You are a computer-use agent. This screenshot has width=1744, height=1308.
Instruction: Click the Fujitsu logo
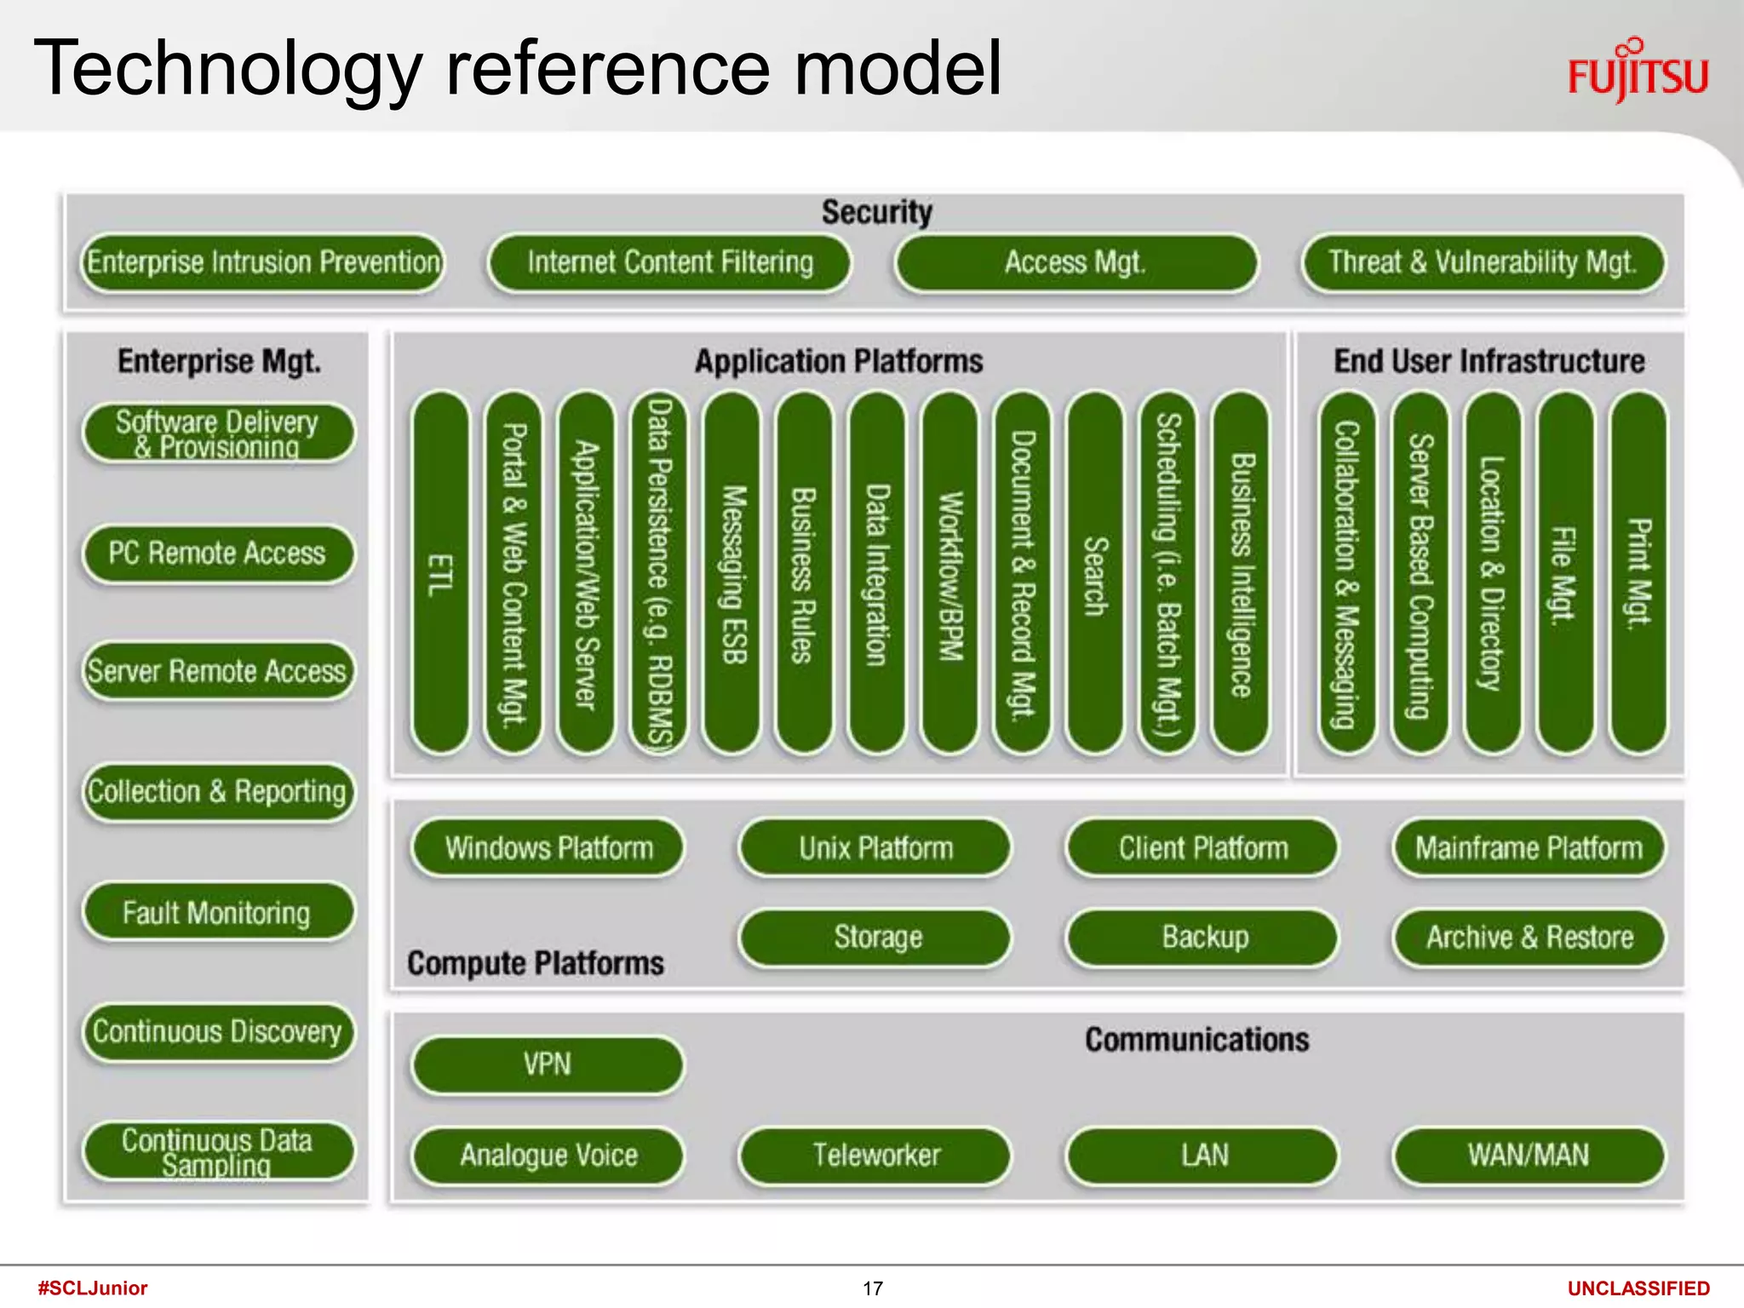1638,72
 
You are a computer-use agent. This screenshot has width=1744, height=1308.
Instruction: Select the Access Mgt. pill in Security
1076,262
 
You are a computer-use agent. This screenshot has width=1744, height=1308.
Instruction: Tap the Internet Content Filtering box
669,262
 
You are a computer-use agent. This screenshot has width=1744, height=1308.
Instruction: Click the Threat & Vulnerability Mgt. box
1483,262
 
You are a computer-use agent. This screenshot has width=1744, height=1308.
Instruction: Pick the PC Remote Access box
218,554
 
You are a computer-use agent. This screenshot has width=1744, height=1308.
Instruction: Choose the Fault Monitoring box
218,913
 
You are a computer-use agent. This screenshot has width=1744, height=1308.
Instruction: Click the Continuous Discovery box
218,1032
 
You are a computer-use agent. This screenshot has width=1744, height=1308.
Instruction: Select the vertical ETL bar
440,572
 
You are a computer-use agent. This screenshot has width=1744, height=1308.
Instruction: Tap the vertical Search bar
1095,572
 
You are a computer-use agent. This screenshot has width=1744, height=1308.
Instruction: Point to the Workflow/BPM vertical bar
949,572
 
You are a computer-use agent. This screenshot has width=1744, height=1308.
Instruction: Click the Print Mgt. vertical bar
1638,572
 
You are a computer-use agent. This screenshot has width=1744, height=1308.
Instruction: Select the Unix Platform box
875,848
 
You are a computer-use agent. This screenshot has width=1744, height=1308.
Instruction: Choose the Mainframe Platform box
1529,848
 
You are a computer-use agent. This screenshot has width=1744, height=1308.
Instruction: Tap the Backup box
1203,938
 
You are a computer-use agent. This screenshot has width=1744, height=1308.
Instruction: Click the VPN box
548,1064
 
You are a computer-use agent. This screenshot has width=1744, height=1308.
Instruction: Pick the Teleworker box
875,1156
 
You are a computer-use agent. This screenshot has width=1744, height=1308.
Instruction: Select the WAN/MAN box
1529,1156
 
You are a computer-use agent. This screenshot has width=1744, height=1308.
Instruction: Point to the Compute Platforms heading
536,963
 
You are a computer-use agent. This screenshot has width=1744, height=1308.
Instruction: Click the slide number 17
873,1288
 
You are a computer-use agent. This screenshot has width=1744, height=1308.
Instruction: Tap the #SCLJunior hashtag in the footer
93,1288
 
